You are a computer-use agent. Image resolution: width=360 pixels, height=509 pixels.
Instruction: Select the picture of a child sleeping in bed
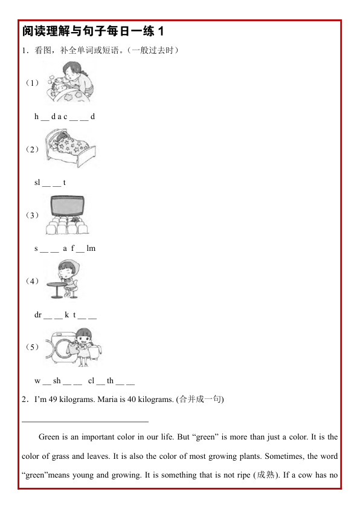tap(71, 149)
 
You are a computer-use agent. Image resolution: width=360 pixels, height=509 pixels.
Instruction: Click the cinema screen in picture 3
tap(66, 206)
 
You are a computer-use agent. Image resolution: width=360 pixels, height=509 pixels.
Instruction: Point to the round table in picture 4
tap(58, 288)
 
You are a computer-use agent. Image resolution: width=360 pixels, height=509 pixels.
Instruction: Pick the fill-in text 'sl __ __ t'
tap(50, 183)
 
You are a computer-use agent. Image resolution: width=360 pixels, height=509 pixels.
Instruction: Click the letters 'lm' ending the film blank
tap(91, 248)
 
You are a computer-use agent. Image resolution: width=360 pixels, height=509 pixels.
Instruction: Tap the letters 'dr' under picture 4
tap(38, 314)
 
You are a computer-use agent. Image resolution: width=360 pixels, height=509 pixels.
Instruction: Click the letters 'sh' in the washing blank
tap(57, 381)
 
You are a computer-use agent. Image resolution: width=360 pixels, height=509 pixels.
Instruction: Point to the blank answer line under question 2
tap(85, 421)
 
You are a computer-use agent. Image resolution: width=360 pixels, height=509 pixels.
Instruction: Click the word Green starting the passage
tap(48, 436)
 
